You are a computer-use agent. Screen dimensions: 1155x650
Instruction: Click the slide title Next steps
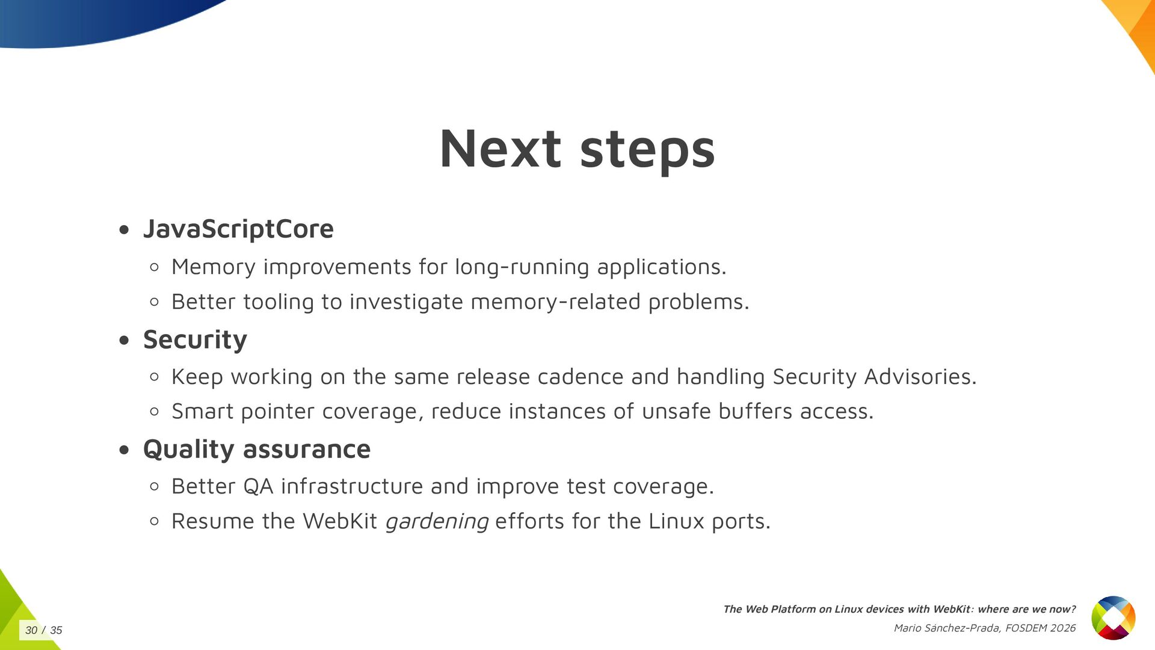click(x=577, y=149)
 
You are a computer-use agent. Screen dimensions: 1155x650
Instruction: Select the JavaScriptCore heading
click(x=238, y=229)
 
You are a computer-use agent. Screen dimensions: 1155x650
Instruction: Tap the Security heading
click(x=195, y=339)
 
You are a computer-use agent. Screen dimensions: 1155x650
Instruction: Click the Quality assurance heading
click(x=257, y=449)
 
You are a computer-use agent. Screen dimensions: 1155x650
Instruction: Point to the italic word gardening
click(x=437, y=521)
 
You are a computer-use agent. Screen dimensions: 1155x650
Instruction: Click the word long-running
click(x=522, y=267)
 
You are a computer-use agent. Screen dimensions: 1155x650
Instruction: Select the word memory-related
click(x=555, y=302)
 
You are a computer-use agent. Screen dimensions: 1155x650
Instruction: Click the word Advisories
click(x=920, y=377)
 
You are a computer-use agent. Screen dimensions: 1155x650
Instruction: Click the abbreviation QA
click(x=258, y=486)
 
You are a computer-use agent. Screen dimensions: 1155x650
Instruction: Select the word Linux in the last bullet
click(x=676, y=521)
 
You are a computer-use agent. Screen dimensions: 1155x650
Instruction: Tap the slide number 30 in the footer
click(x=31, y=630)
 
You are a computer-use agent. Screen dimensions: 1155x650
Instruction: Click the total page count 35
click(x=56, y=630)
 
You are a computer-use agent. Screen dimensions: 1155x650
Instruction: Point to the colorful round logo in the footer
click(x=1113, y=617)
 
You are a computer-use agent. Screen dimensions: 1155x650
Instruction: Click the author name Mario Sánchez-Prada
click(x=947, y=628)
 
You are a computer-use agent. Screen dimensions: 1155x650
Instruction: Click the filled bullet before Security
click(x=125, y=341)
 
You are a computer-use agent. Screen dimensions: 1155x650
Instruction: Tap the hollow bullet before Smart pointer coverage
click(x=155, y=412)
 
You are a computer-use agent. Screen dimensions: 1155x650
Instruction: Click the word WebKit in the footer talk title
click(x=951, y=609)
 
